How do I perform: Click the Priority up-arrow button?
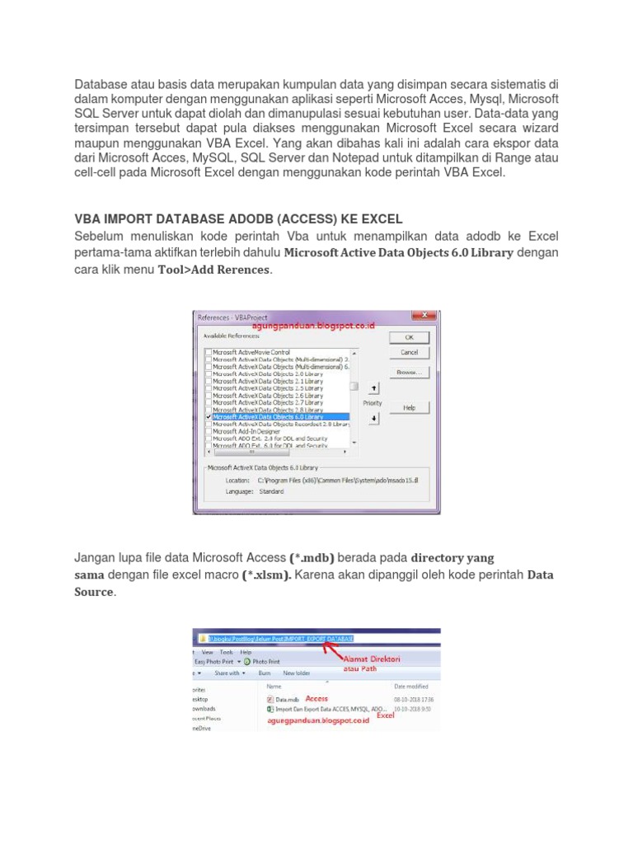click(x=373, y=387)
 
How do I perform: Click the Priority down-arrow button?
click(x=373, y=419)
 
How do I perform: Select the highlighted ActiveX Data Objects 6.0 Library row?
click(x=280, y=417)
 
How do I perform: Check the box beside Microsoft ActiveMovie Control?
click(x=208, y=353)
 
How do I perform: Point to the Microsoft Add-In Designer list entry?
click(x=247, y=431)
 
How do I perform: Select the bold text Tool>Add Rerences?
click(x=213, y=270)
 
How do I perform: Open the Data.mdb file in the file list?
click(x=286, y=698)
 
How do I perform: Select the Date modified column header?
click(x=410, y=686)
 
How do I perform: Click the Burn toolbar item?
click(x=266, y=673)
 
